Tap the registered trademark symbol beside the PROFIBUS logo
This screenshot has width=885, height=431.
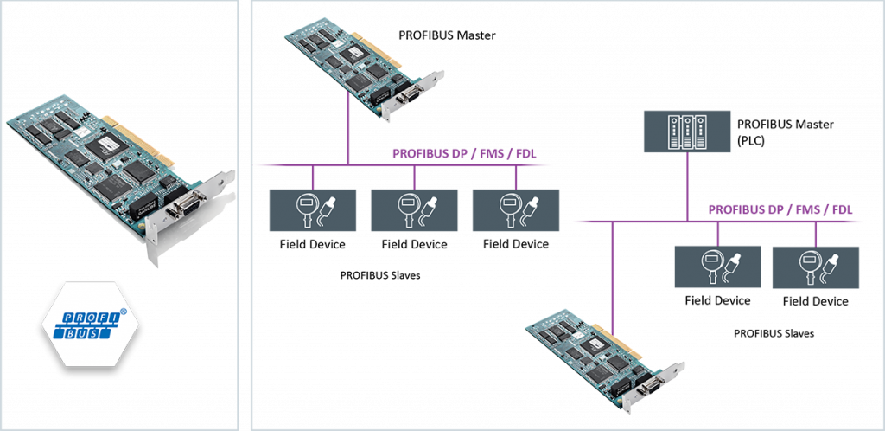click(x=123, y=310)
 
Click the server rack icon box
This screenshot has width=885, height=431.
click(x=688, y=132)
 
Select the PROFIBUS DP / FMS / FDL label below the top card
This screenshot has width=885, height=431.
click(x=463, y=155)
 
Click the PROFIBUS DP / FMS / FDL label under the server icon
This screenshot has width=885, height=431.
click(x=780, y=209)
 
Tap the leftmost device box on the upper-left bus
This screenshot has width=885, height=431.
click(x=313, y=210)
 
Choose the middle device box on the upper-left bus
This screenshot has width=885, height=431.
click(x=413, y=210)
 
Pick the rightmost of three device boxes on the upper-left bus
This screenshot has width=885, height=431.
click(x=515, y=210)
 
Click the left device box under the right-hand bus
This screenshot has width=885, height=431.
click(x=717, y=267)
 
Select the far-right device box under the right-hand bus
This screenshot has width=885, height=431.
click(x=815, y=267)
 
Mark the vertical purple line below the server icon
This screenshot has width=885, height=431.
click(x=688, y=187)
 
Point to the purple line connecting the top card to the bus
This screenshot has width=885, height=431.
click(x=347, y=130)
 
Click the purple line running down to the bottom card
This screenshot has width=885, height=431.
click(x=611, y=277)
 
